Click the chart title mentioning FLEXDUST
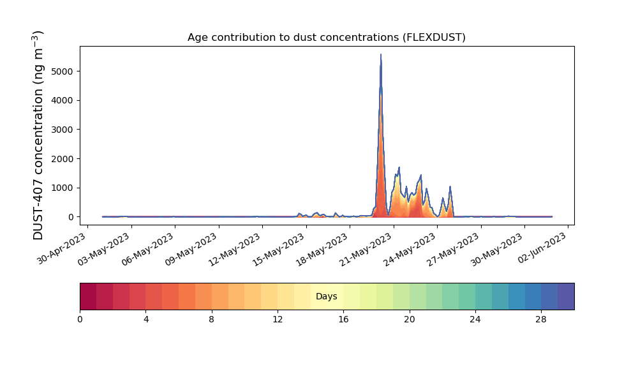point(326,38)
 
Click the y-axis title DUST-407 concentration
point(38,135)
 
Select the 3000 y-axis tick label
point(63,130)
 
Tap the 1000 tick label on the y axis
point(63,188)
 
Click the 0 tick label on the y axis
point(71,217)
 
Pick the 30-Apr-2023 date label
point(61,249)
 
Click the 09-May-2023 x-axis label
point(191,250)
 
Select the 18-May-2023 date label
point(322,250)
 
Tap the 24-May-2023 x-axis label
point(410,250)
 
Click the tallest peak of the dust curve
point(381,54)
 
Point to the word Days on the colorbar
point(326,296)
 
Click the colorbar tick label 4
point(146,320)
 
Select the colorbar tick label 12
point(278,320)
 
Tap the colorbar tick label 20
point(410,320)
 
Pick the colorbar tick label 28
point(541,320)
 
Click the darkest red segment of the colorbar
point(88,296)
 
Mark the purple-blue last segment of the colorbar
point(566,296)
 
